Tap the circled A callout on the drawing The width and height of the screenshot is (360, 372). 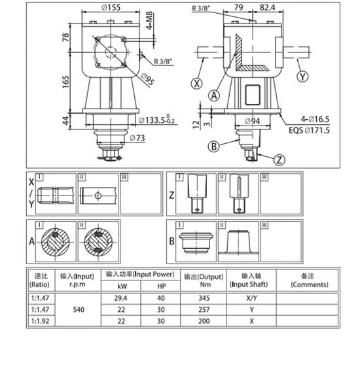tap(214, 95)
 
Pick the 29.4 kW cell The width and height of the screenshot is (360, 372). tap(120, 298)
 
